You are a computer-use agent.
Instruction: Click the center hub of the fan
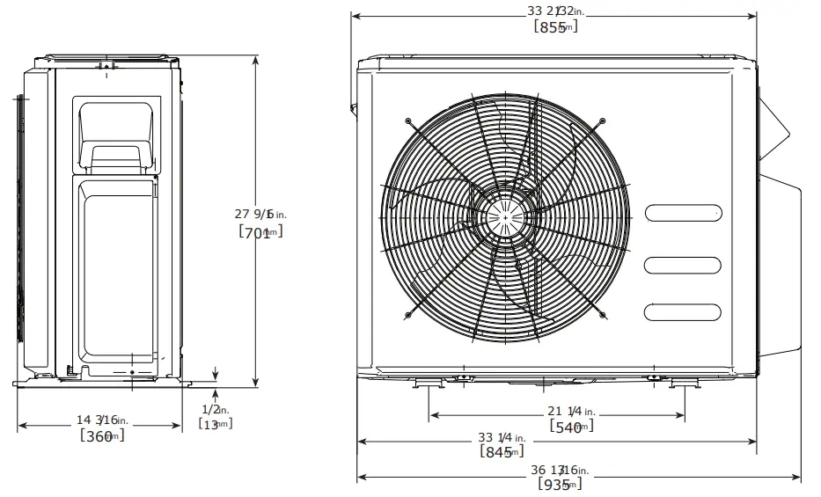pos(505,216)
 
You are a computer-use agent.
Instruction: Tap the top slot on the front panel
pos(684,213)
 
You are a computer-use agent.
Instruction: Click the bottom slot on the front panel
pos(684,311)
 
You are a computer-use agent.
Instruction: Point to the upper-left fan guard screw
pos(408,121)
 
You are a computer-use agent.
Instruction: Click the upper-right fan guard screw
pos(601,121)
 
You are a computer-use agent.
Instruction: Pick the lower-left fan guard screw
pos(408,314)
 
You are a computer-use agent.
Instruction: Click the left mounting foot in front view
pos(429,384)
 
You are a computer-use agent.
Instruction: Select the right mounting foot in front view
pos(684,384)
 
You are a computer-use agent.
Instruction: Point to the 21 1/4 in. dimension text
pos(570,411)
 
